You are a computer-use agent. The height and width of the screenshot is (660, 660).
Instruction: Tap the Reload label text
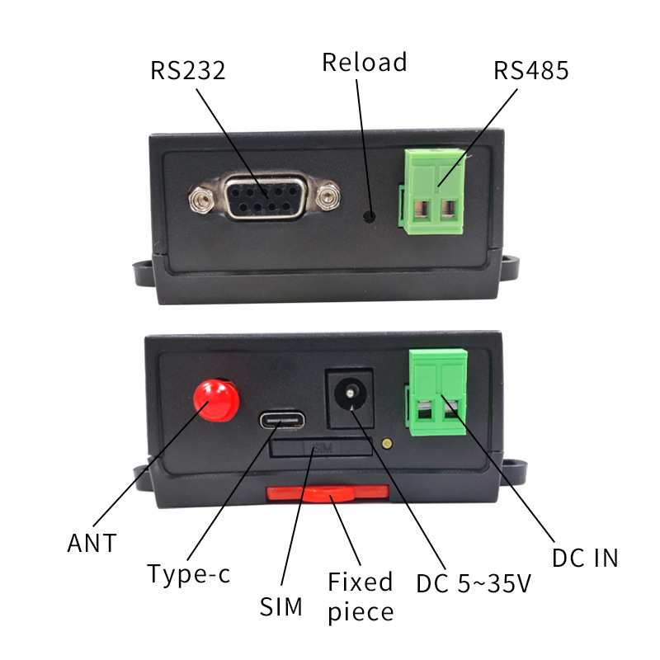[x=364, y=62]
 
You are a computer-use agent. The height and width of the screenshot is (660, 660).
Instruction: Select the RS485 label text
[x=531, y=70]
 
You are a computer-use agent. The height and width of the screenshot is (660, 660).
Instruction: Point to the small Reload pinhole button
[x=370, y=217]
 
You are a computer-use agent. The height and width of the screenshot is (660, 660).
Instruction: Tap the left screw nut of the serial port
[x=198, y=197]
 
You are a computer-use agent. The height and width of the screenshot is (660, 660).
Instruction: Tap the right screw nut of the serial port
[x=328, y=197]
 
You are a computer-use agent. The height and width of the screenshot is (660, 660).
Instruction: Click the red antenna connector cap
[x=216, y=398]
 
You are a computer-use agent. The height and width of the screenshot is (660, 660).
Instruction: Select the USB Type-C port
[x=281, y=420]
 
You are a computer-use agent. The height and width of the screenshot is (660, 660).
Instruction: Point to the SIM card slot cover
[x=322, y=447]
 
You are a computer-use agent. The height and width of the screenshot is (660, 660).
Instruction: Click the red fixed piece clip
[x=328, y=493]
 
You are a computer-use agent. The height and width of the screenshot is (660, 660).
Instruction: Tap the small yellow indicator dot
[x=387, y=443]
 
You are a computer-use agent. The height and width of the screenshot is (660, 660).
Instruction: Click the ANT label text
[x=92, y=544]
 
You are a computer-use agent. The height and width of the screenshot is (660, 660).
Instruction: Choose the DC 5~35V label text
[x=473, y=583]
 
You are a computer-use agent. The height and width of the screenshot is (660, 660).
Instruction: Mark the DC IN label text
[x=584, y=558]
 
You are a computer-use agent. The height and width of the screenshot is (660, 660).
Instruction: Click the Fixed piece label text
[x=360, y=596]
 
